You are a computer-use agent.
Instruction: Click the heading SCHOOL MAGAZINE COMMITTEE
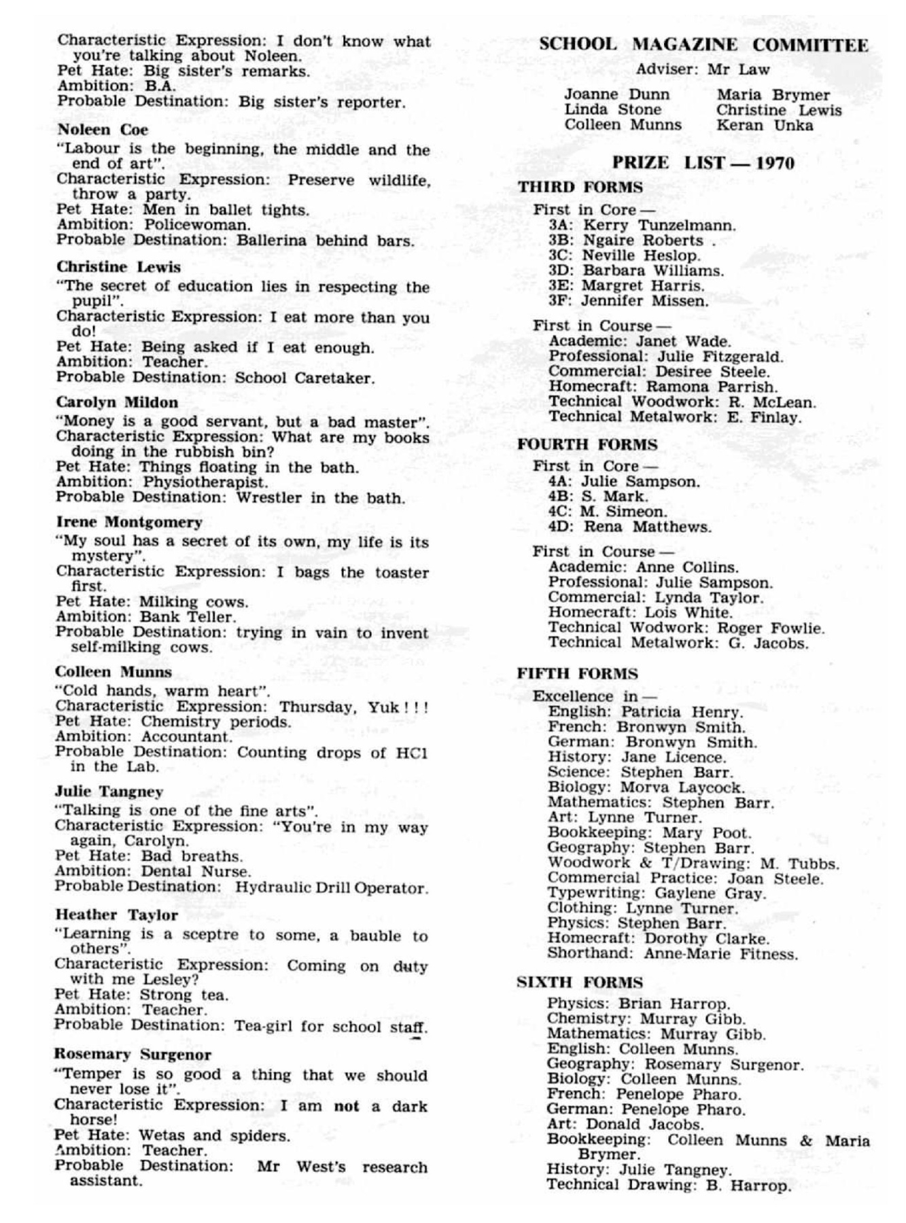pos(703,46)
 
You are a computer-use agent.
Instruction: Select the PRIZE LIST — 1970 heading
pos(703,163)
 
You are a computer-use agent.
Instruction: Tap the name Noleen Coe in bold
pos(103,130)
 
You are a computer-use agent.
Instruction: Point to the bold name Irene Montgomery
pos(129,522)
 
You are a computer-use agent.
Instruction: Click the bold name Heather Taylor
pos(116,915)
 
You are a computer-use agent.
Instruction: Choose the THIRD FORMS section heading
pos(580,188)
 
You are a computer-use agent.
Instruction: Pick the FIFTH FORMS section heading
pos(577,674)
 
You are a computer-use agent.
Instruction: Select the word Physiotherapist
pos(205,482)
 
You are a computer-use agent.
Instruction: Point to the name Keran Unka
pos(764,125)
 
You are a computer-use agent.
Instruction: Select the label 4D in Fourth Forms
pos(561,527)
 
